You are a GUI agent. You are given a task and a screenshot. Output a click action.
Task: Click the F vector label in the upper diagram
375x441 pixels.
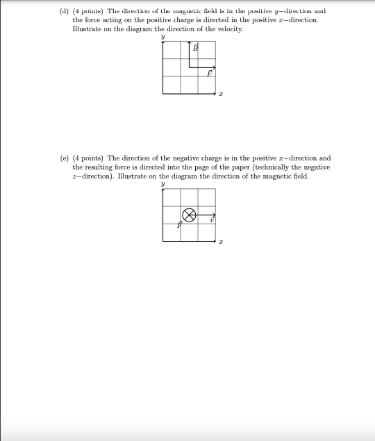(x=209, y=74)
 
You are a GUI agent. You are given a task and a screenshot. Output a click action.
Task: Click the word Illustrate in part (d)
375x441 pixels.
(x=87, y=30)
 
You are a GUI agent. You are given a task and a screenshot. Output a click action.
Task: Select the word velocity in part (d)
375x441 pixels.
(x=229, y=30)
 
